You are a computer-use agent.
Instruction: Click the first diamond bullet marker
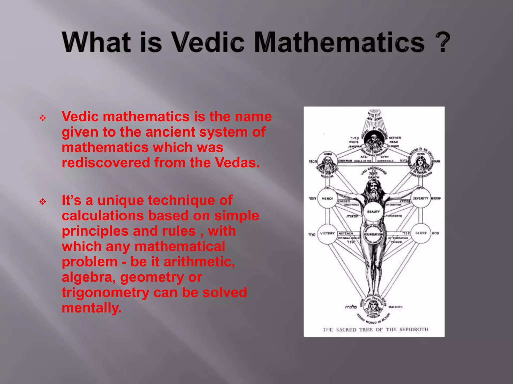pyautogui.click(x=43, y=118)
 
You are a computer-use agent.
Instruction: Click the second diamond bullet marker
pyautogui.click(x=43, y=201)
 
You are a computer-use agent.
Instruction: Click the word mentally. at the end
pyautogui.click(x=92, y=308)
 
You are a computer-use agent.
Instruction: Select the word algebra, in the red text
pyautogui.click(x=89, y=277)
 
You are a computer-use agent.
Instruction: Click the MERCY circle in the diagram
pyautogui.click(x=327, y=199)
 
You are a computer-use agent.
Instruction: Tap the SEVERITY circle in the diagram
pyautogui.click(x=421, y=198)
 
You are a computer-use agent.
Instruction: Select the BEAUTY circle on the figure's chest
pyautogui.click(x=373, y=212)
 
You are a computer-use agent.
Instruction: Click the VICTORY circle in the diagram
pyautogui.click(x=327, y=234)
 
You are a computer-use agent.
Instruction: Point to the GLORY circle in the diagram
pyautogui.click(x=421, y=233)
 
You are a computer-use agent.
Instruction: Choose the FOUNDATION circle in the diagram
pyautogui.click(x=373, y=234)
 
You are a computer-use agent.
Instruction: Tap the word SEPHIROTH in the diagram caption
pyautogui.click(x=414, y=330)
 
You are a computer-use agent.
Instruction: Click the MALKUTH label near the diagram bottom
pyautogui.click(x=395, y=307)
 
